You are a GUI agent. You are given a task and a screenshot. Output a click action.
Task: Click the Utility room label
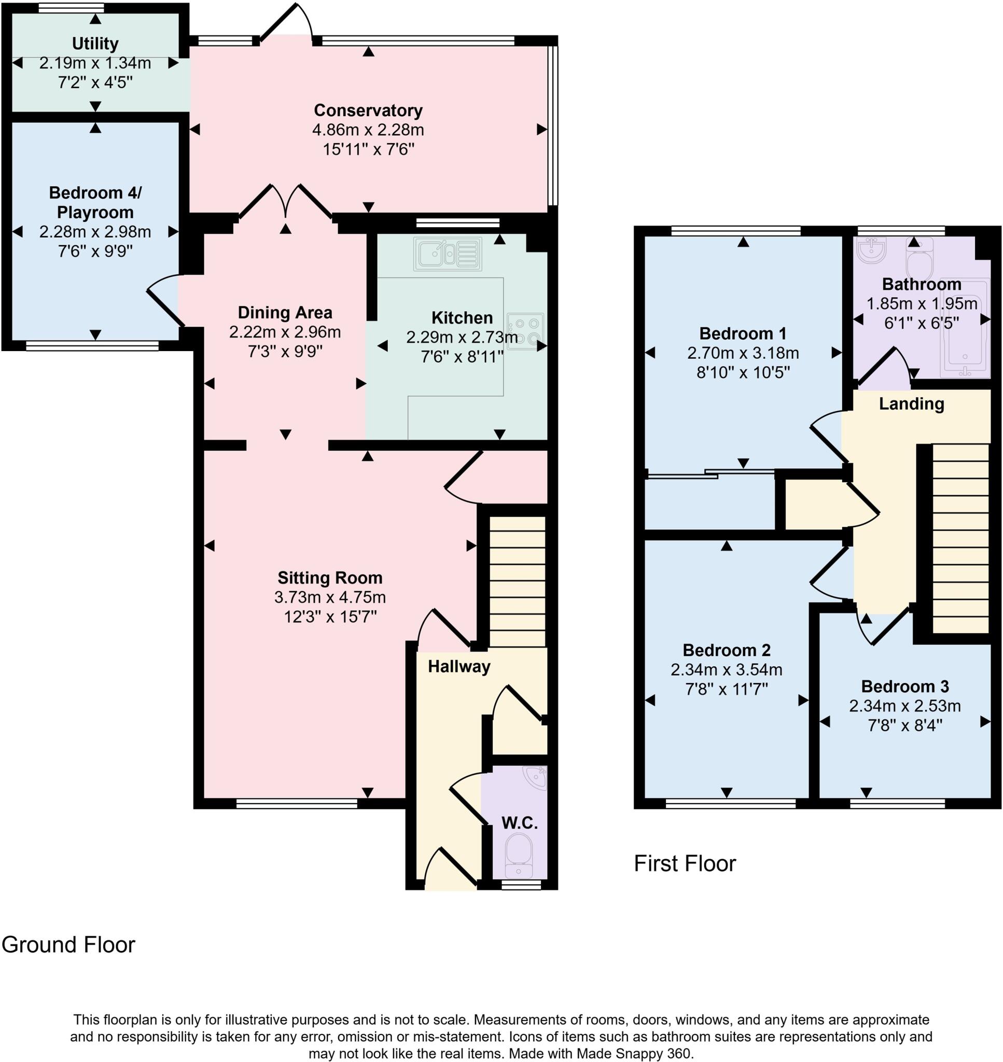95,43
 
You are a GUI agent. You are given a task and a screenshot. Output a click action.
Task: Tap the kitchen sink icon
448,254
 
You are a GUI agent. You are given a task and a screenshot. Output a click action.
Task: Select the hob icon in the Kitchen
525,331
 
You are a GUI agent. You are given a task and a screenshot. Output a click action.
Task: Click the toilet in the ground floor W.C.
518,853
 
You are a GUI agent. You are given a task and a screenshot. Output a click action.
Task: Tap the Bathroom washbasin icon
871,249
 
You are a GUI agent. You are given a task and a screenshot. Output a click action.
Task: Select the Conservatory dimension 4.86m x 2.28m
368,130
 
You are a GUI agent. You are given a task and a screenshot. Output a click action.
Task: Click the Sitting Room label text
330,578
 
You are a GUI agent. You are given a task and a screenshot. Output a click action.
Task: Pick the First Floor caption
685,864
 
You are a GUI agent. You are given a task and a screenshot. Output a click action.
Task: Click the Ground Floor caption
68,945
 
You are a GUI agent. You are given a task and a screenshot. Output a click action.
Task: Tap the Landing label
911,404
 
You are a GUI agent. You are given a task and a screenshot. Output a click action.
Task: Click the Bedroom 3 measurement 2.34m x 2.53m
904,706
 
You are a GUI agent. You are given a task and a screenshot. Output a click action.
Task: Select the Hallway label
459,666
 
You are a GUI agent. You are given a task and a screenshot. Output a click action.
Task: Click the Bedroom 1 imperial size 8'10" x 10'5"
743,372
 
